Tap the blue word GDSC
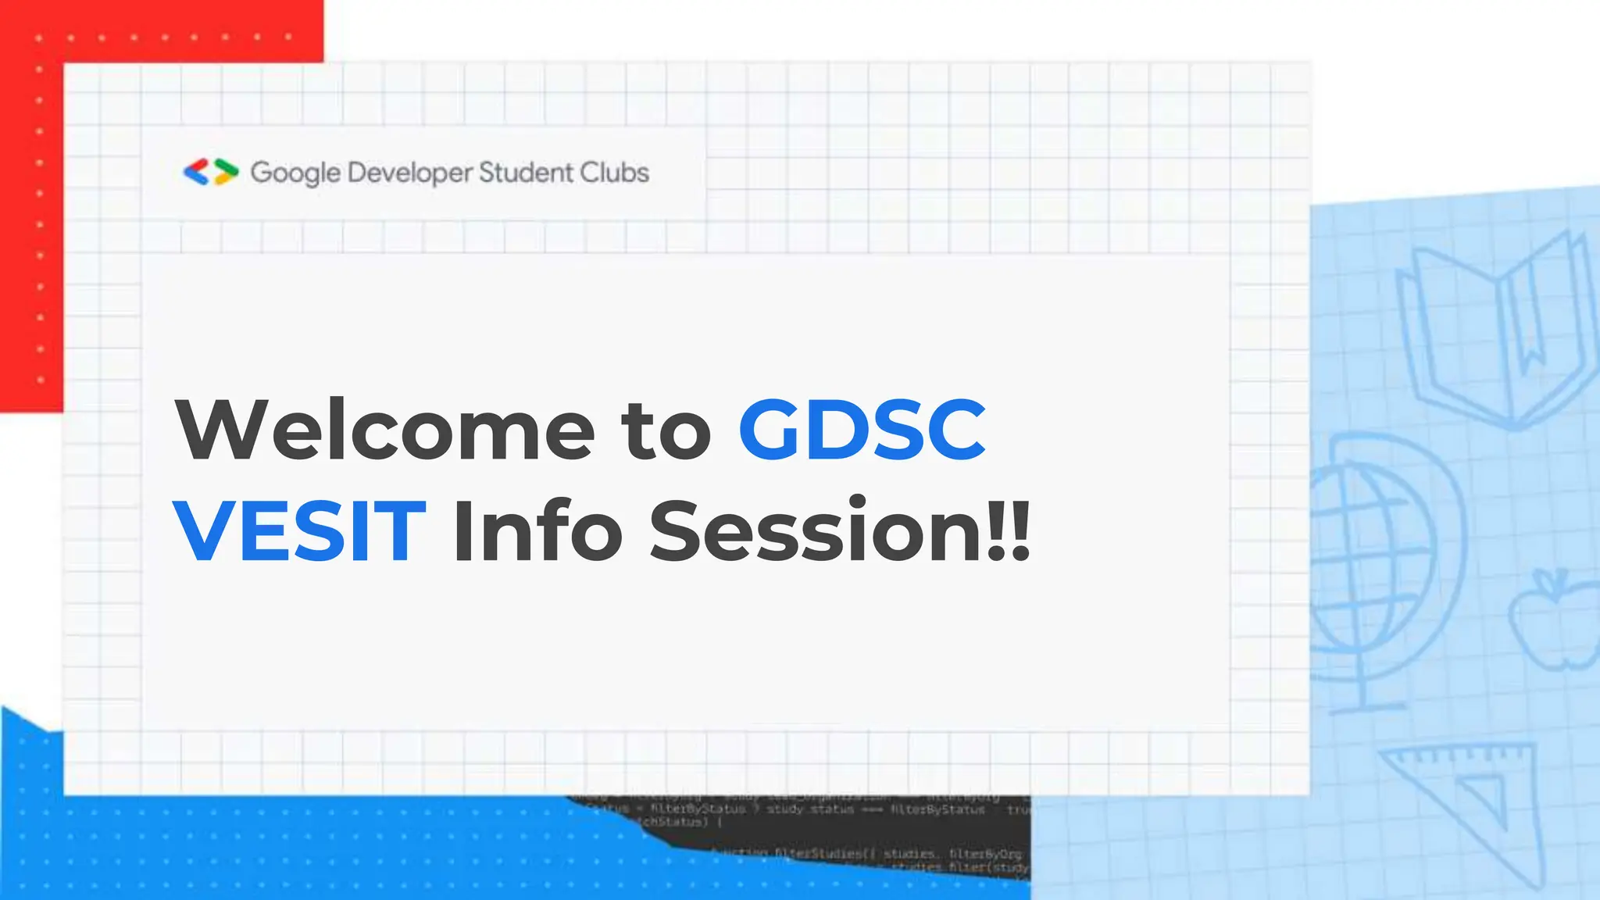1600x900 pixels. (x=862, y=430)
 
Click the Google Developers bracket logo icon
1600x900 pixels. (x=210, y=172)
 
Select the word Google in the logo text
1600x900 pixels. (x=295, y=173)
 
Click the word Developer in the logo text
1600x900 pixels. (x=410, y=173)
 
